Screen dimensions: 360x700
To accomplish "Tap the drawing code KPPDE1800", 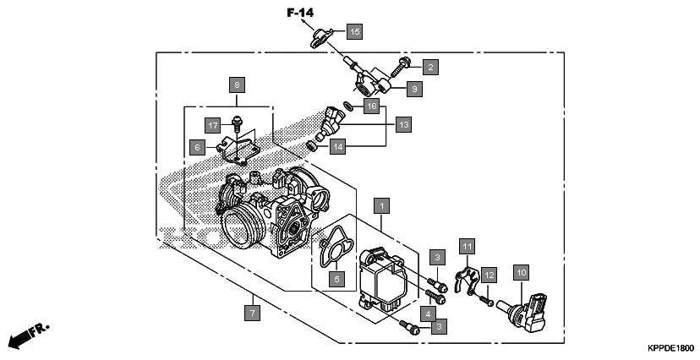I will [670, 347].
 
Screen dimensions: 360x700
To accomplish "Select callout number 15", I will [353, 31].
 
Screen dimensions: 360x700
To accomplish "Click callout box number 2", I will [429, 66].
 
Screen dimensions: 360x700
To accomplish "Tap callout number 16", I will [370, 106].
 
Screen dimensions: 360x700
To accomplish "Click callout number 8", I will [237, 85].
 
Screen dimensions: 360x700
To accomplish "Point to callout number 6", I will [197, 147].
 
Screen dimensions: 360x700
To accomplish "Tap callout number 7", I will [251, 312].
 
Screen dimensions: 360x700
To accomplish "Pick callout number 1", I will [383, 205].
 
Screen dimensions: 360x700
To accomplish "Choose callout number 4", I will [429, 314].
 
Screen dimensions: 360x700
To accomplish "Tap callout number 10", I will [521, 272].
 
